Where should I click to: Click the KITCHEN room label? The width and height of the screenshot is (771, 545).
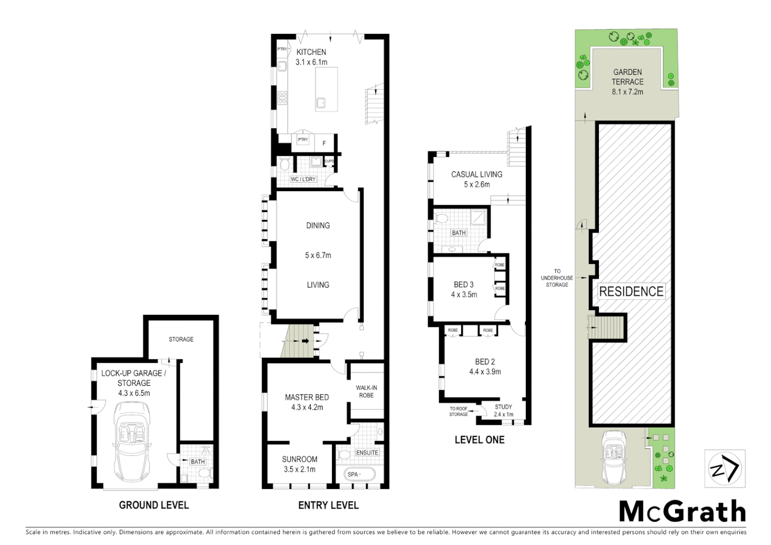coord(311,52)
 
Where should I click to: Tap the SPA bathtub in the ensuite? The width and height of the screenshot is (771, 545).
coord(359,475)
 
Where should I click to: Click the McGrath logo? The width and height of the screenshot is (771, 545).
coord(682,512)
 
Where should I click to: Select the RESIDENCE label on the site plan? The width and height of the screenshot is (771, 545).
coord(631,292)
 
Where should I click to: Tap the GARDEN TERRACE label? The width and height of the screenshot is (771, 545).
coord(628,77)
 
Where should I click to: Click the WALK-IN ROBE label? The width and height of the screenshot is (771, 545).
coord(366,392)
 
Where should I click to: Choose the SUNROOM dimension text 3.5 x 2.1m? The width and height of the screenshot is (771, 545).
coord(300,469)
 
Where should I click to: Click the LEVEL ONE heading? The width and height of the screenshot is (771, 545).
coord(479,440)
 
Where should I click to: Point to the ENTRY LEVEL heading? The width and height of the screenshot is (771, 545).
coord(328,505)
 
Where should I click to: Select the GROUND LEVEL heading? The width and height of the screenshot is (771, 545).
coord(154,505)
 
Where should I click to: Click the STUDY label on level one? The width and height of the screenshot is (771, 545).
coord(503,407)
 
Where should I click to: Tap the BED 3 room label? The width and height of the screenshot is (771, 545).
coord(464,285)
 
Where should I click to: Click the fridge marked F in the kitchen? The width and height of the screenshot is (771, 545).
coord(324,143)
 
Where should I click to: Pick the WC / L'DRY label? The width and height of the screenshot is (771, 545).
coord(303,179)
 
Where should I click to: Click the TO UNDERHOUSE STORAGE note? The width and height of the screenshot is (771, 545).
coord(557,278)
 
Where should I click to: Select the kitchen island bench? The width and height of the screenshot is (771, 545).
coord(326,89)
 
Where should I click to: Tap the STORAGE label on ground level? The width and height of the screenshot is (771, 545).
coord(181,339)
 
